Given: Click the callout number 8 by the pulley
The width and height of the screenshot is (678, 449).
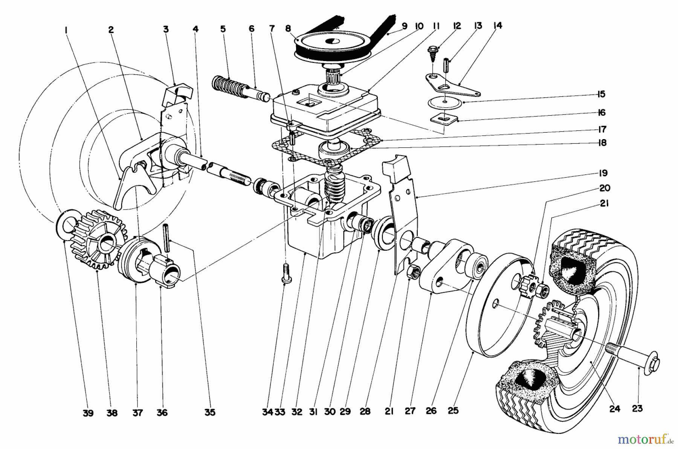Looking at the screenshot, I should coord(288,28).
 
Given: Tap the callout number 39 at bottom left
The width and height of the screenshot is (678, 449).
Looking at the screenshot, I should coord(88,413).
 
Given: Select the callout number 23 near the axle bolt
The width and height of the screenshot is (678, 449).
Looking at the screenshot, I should coord(637,408).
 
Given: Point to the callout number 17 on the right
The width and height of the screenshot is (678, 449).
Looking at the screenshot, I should coord(602,129).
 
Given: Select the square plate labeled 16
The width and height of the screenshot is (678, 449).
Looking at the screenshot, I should coord(444,119).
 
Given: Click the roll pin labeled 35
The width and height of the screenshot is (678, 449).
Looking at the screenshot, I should coord(166,238).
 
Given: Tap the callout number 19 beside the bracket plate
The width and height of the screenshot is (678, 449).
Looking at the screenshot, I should coord(603,173).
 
